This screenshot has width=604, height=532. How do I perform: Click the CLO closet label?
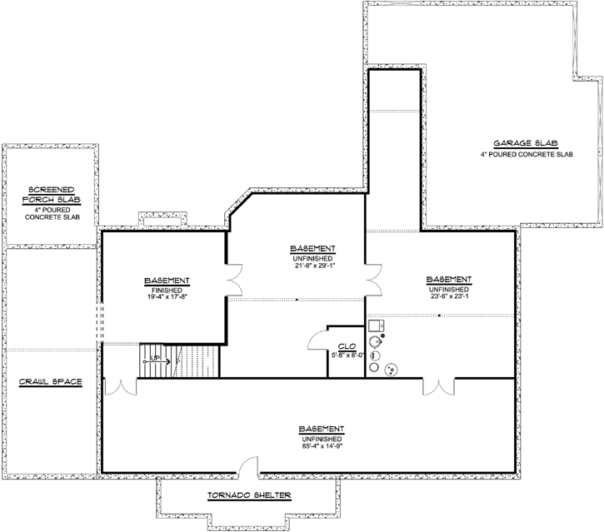tap(347, 346)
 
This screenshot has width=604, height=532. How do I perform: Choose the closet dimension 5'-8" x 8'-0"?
tap(347, 355)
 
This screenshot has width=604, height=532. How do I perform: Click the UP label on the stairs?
tap(154, 360)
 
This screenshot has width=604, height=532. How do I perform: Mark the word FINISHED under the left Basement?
tap(167, 288)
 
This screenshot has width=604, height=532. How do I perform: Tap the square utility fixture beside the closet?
tap(375, 326)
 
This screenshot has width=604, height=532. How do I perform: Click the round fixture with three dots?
tap(389, 370)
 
